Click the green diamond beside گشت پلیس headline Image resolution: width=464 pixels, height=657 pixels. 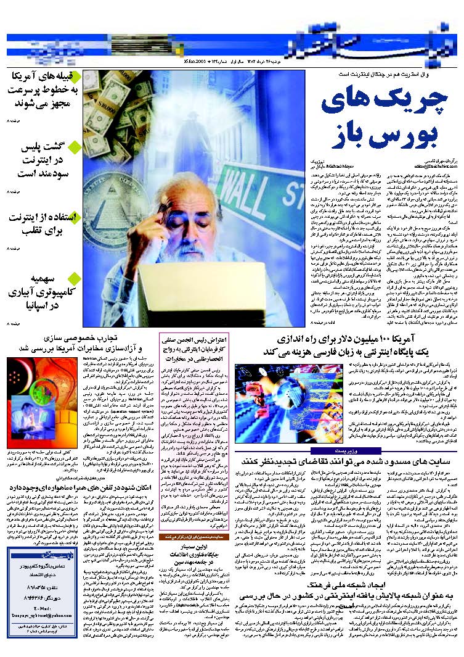point(75,147)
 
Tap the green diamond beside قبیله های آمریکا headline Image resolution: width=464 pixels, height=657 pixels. point(75,77)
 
